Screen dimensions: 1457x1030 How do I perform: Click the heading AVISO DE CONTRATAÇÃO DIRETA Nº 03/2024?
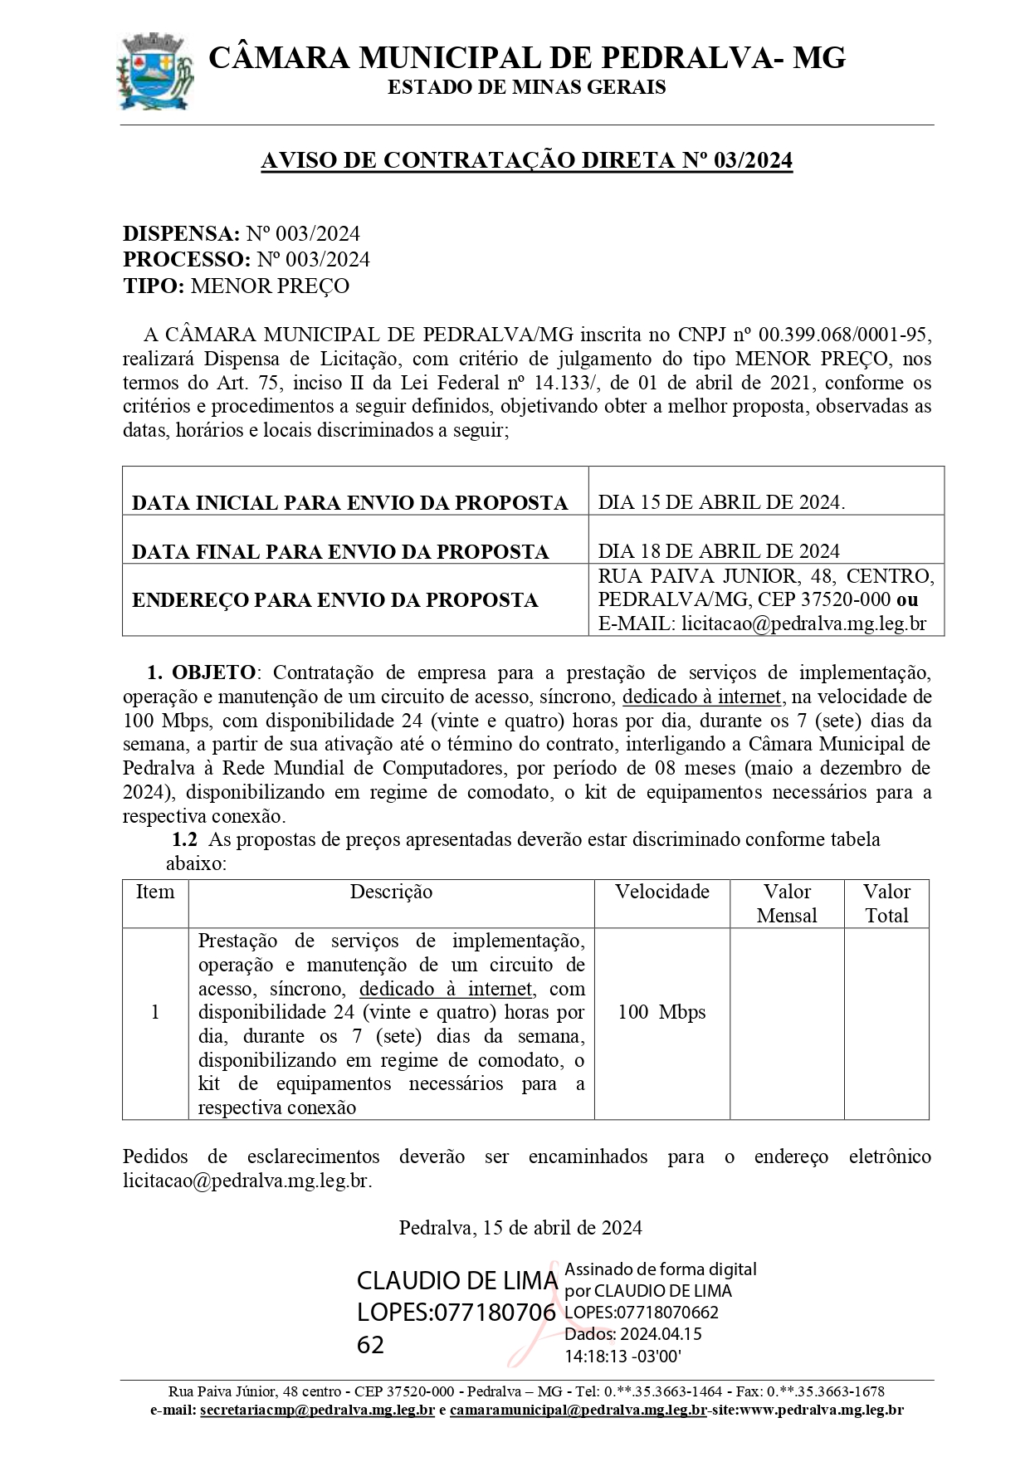point(526,160)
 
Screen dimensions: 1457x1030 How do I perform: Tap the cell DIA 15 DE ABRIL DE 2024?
point(721,502)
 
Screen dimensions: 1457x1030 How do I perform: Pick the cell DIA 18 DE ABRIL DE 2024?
point(719,551)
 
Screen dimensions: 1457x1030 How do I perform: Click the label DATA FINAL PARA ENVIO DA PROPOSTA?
point(340,552)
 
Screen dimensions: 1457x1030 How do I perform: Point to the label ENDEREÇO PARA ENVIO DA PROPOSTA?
point(334,599)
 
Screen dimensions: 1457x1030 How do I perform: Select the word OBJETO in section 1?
point(214,672)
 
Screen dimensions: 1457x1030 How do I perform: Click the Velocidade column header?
point(661,892)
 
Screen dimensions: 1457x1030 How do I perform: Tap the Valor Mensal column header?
point(787,903)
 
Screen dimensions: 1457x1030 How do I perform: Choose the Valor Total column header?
point(886,903)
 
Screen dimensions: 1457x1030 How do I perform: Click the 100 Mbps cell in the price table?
point(661,1012)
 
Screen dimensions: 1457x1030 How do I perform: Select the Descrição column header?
point(391,892)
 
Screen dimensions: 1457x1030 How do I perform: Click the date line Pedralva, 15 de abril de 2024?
point(520,1227)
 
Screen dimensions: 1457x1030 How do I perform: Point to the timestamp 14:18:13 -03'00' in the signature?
point(622,1357)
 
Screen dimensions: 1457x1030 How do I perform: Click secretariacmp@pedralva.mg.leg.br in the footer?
point(318,1410)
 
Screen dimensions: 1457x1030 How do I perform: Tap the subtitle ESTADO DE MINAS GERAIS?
point(526,87)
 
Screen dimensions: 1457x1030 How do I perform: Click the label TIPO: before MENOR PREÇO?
point(154,286)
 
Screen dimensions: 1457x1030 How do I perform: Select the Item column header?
point(155,892)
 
